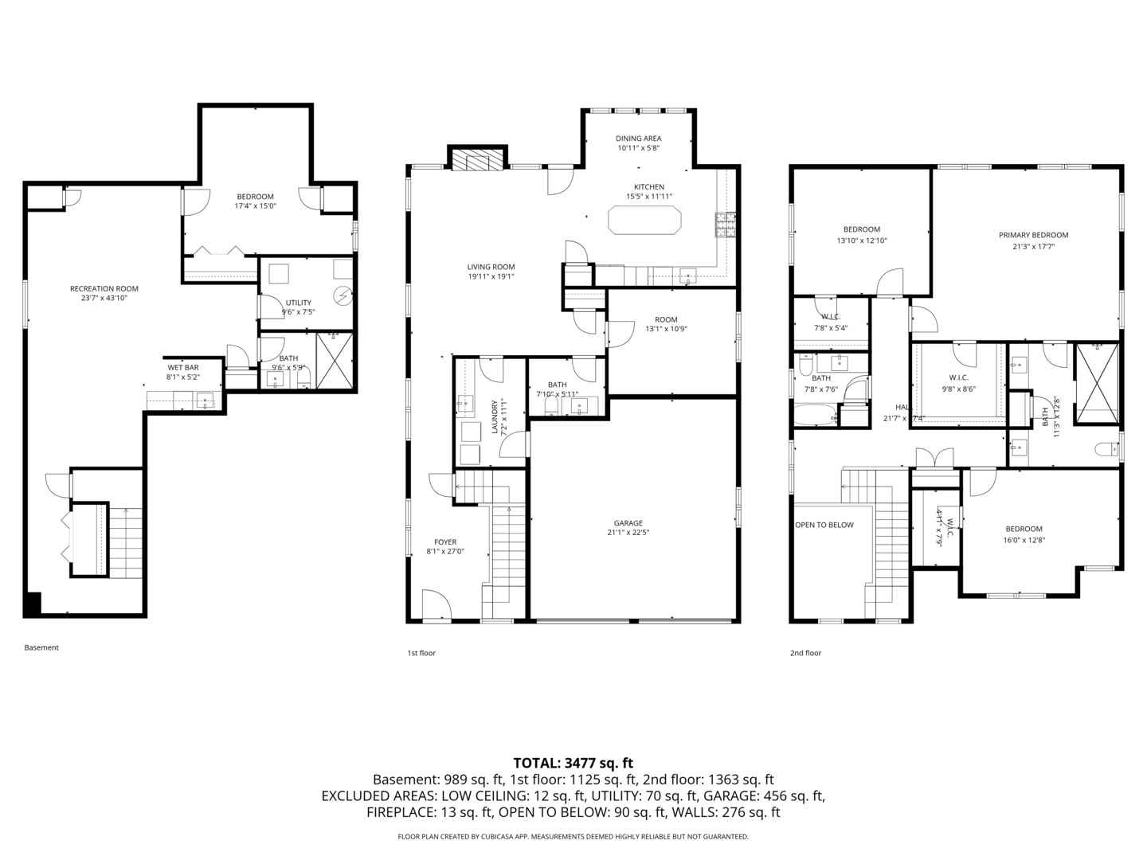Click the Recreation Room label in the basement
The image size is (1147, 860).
point(104,289)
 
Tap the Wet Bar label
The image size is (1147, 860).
point(182,367)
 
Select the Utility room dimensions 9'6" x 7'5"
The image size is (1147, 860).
point(299,312)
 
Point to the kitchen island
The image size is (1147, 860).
point(644,220)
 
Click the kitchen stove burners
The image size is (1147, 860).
point(725,225)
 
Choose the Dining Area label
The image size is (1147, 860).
point(638,139)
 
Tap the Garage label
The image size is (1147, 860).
point(628,523)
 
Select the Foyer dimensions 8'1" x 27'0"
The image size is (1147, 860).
point(445,551)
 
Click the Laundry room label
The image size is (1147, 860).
point(494,416)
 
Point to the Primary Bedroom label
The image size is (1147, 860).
point(1033,235)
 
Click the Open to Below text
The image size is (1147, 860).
point(824,525)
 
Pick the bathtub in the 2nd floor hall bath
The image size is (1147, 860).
point(814,414)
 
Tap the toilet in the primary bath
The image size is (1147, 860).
point(1106,450)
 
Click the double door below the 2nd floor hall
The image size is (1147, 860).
point(934,458)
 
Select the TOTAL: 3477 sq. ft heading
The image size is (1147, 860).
point(573,763)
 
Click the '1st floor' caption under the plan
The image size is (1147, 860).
point(421,653)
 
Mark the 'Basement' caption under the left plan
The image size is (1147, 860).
point(41,647)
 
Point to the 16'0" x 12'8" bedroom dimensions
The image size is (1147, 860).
point(1024,540)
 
